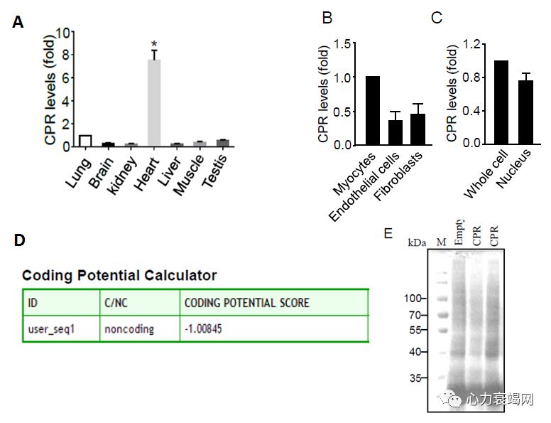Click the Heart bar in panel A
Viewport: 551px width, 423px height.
pos(154,102)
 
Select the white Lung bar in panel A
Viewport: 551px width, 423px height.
pos(86,140)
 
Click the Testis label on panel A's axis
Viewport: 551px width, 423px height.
pos(214,169)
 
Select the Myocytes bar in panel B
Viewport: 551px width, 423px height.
pos(373,110)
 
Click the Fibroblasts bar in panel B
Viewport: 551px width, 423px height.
pos(418,129)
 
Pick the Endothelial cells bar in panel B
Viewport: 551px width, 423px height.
pos(395,132)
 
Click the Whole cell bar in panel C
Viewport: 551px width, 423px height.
pos(501,102)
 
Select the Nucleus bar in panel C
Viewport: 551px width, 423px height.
pos(525,112)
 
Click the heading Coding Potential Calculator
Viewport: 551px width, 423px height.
pos(119,275)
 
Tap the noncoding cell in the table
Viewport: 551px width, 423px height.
pos(130,329)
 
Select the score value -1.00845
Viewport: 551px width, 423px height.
pos(208,329)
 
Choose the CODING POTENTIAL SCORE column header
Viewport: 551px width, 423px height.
pos(246,303)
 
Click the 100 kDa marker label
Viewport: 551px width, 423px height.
pos(413,298)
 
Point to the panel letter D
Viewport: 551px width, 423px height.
pos(19,240)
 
